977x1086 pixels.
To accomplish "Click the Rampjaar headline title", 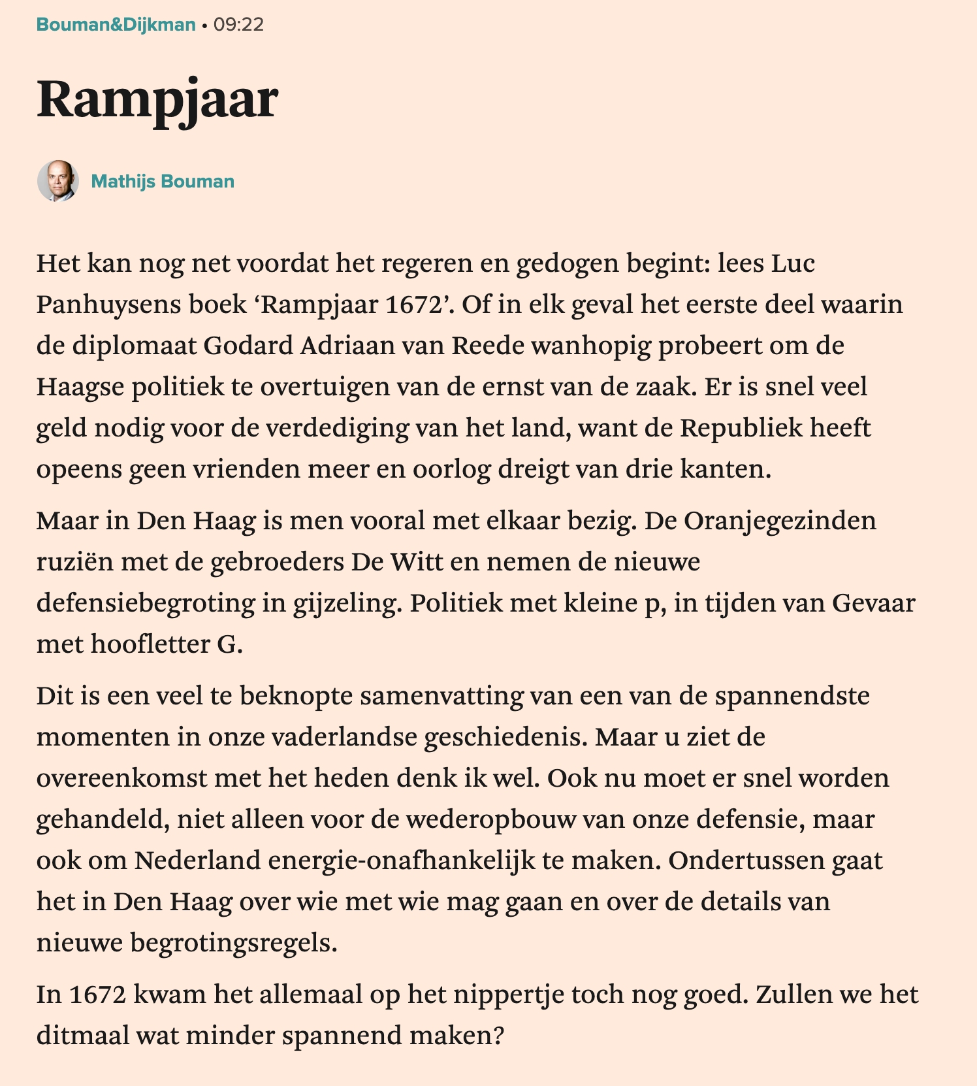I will (157, 100).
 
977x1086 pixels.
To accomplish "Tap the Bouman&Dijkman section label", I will (116, 25).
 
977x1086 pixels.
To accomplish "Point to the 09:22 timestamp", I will (239, 25).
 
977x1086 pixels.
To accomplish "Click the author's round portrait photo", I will (58, 181).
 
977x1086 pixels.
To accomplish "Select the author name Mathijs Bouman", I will (163, 181).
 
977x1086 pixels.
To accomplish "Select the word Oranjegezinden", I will (774, 521).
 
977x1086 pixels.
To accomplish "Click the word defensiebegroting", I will (146, 603).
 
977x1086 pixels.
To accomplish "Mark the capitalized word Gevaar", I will (873, 603).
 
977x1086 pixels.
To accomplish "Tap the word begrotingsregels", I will (234, 943).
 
